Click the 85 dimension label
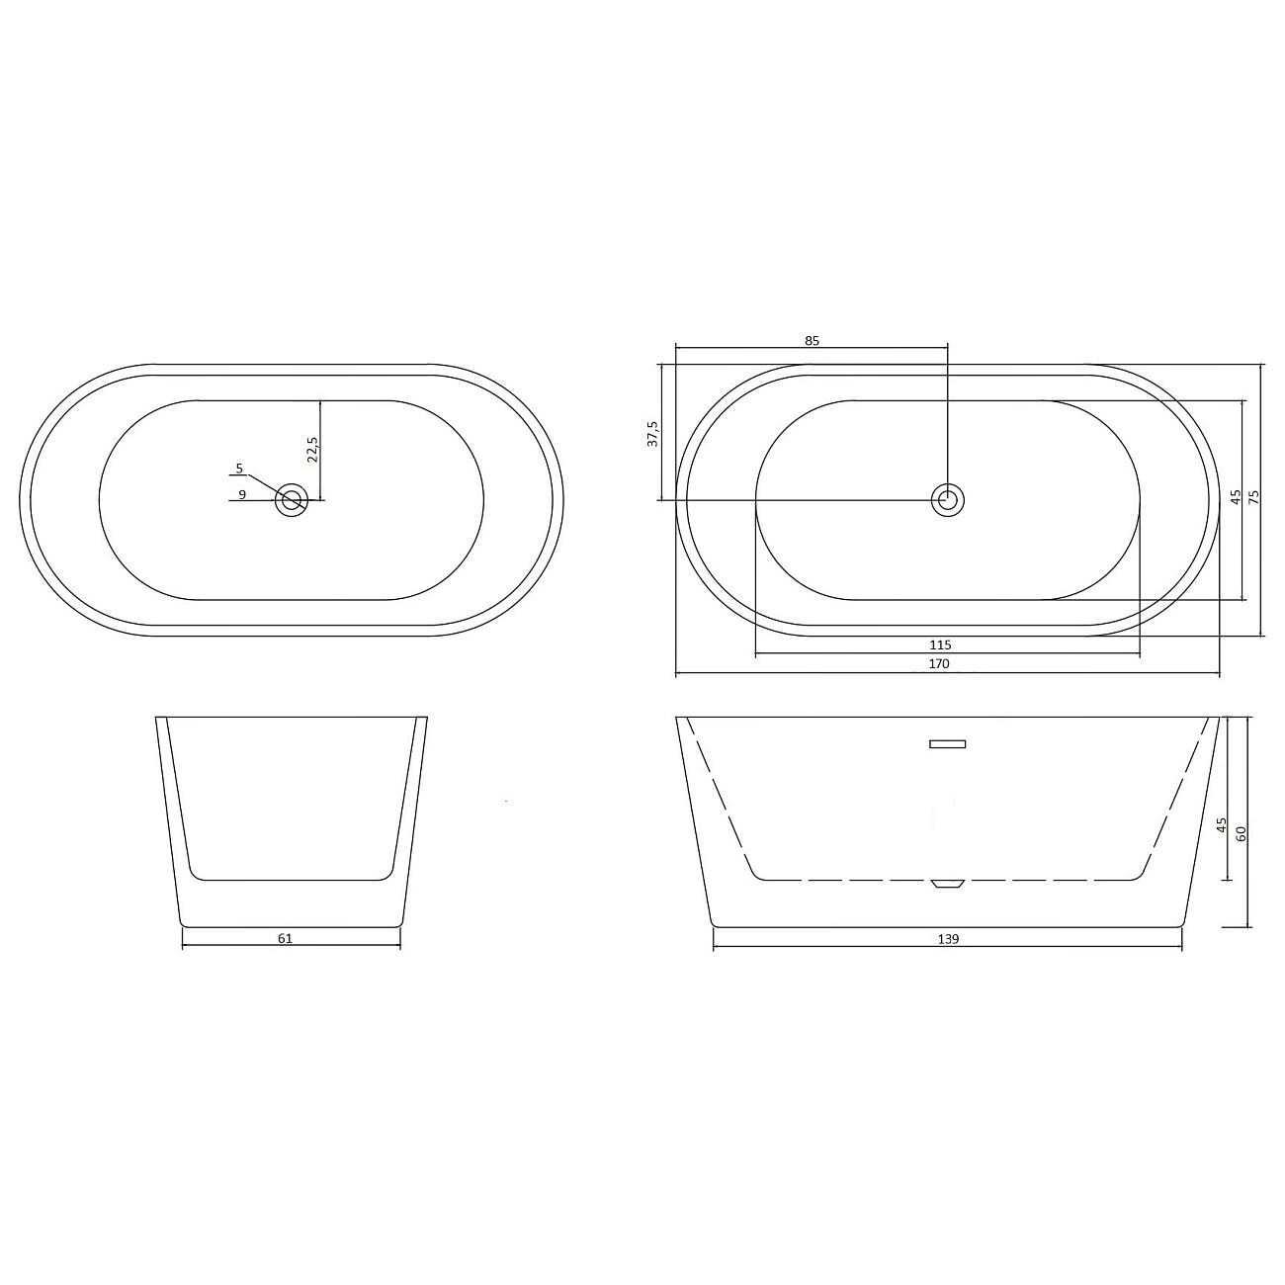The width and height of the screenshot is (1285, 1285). click(x=812, y=340)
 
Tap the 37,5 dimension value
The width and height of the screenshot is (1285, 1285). click(x=652, y=434)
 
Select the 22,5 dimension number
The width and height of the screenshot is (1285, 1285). click(x=312, y=449)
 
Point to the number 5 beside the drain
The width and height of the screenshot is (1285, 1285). click(x=239, y=468)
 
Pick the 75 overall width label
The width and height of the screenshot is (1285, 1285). click(x=1255, y=497)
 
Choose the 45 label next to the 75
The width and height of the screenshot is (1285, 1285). click(x=1235, y=497)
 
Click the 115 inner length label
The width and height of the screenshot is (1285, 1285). click(x=939, y=645)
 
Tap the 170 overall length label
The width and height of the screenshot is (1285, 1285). click(x=939, y=664)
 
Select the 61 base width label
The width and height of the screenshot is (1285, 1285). click(x=285, y=938)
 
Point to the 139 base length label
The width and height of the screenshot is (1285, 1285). click(x=947, y=938)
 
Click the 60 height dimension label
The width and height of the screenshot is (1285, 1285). click(x=1242, y=832)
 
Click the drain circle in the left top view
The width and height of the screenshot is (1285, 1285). click(x=292, y=500)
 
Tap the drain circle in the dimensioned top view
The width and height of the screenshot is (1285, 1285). click(x=948, y=500)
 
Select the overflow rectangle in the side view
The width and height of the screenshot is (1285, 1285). click(x=947, y=744)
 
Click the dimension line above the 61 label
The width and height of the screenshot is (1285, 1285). click(x=292, y=947)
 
